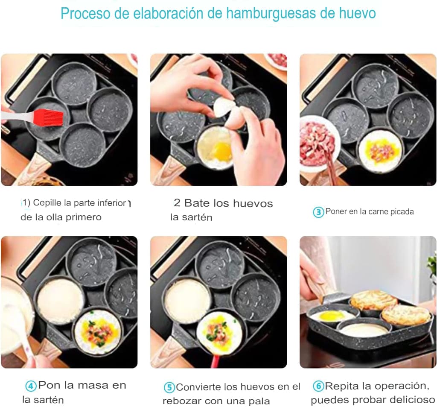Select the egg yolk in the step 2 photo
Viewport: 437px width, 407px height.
[x=222, y=150]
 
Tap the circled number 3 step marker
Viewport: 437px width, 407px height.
[x=318, y=212]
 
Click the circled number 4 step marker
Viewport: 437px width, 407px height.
[x=31, y=386]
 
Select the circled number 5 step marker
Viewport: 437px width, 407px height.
[x=169, y=388]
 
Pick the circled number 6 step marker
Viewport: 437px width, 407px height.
[x=318, y=387]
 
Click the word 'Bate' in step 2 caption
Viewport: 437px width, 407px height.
[x=198, y=203]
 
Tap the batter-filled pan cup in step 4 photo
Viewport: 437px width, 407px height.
[x=60, y=301]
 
